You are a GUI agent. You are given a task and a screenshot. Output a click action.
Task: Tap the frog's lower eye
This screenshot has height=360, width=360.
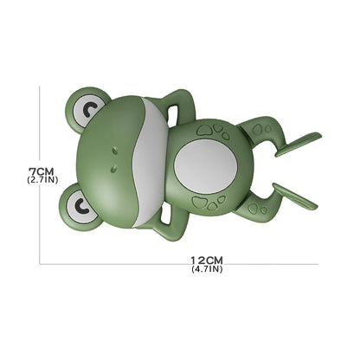(x=82, y=206)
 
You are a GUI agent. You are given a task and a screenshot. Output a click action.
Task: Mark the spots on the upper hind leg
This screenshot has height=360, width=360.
(x=259, y=127)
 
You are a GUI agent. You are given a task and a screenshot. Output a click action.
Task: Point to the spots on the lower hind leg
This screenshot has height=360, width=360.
(x=254, y=208)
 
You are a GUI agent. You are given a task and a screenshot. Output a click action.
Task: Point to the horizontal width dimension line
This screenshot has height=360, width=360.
(x=130, y=264)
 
